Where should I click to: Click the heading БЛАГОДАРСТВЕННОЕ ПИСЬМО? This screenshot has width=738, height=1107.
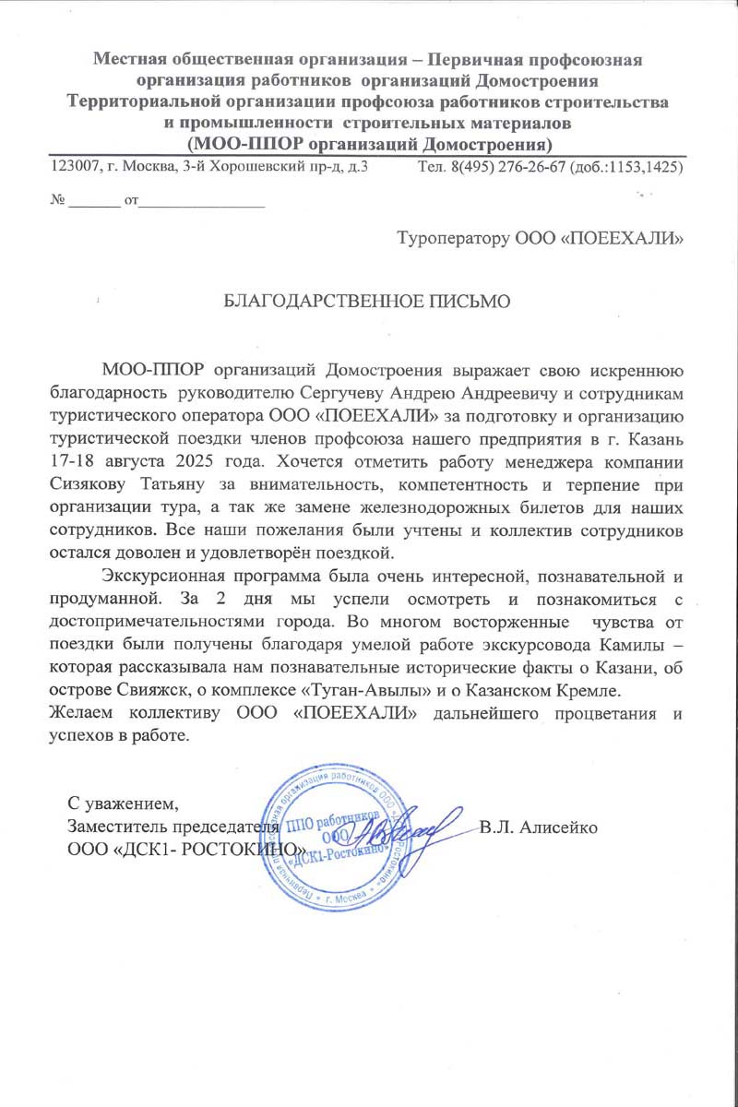[368, 302]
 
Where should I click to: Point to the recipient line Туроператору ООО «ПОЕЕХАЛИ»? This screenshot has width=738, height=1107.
[540, 240]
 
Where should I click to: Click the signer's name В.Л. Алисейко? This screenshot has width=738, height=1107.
[540, 827]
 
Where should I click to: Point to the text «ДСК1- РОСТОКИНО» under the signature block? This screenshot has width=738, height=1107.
[184, 846]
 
